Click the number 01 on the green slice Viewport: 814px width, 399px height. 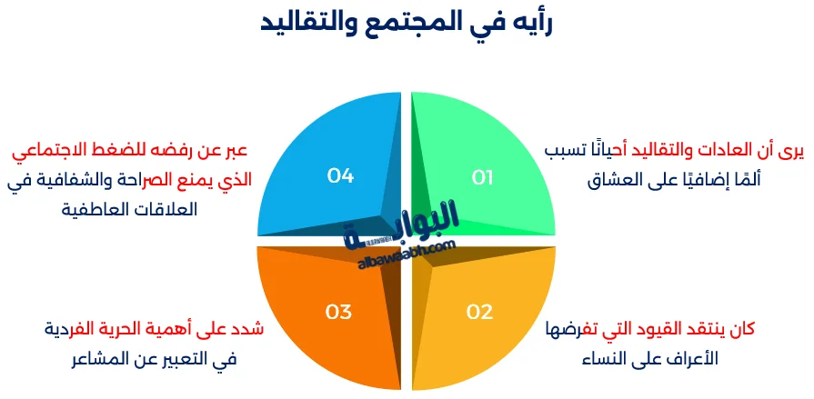pos(482,176)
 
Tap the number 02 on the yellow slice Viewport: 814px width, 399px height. pos(479,312)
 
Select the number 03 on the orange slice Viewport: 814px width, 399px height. pos(338,312)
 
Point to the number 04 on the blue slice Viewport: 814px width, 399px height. pos(340,175)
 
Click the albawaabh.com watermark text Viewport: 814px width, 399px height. pos(404,252)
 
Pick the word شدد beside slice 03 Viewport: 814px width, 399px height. pos(246,329)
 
